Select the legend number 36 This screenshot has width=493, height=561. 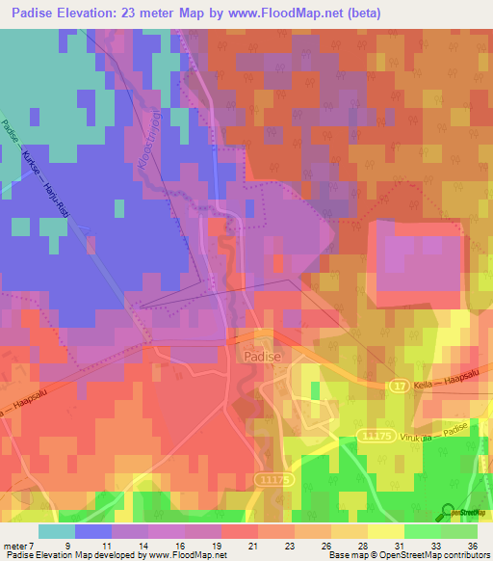[x=472, y=546]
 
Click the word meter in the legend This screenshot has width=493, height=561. [x=16, y=546]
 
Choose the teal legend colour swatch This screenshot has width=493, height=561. [x=56, y=531]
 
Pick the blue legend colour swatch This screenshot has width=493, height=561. [x=93, y=531]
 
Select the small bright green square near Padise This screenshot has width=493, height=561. [x=316, y=389]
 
